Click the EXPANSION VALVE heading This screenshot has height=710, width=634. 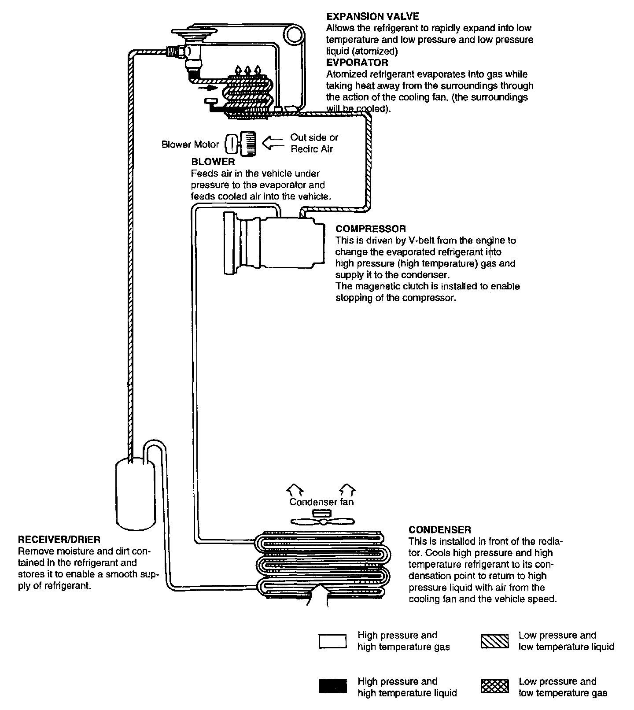pyautogui.click(x=372, y=17)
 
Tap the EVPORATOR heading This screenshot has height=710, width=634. pyautogui.click(x=357, y=63)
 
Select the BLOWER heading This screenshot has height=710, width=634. pyautogui.click(x=213, y=162)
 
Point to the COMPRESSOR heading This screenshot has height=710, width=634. pyautogui.click(x=370, y=229)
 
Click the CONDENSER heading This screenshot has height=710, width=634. pyautogui.click(x=439, y=529)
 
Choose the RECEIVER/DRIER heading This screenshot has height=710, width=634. pyautogui.click(x=59, y=539)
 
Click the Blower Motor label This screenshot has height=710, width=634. pyautogui.click(x=190, y=144)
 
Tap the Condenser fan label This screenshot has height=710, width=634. pyautogui.click(x=321, y=502)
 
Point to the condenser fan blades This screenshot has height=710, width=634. pyautogui.click(x=323, y=521)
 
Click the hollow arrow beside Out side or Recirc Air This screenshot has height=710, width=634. pyautogui.click(x=273, y=143)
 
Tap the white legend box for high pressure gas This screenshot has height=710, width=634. pyautogui.click(x=332, y=641)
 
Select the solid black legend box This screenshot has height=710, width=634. pyautogui.click(x=332, y=687)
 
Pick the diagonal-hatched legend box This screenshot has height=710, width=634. pyautogui.click(x=494, y=641)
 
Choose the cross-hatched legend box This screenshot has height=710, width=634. pyautogui.click(x=494, y=687)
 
